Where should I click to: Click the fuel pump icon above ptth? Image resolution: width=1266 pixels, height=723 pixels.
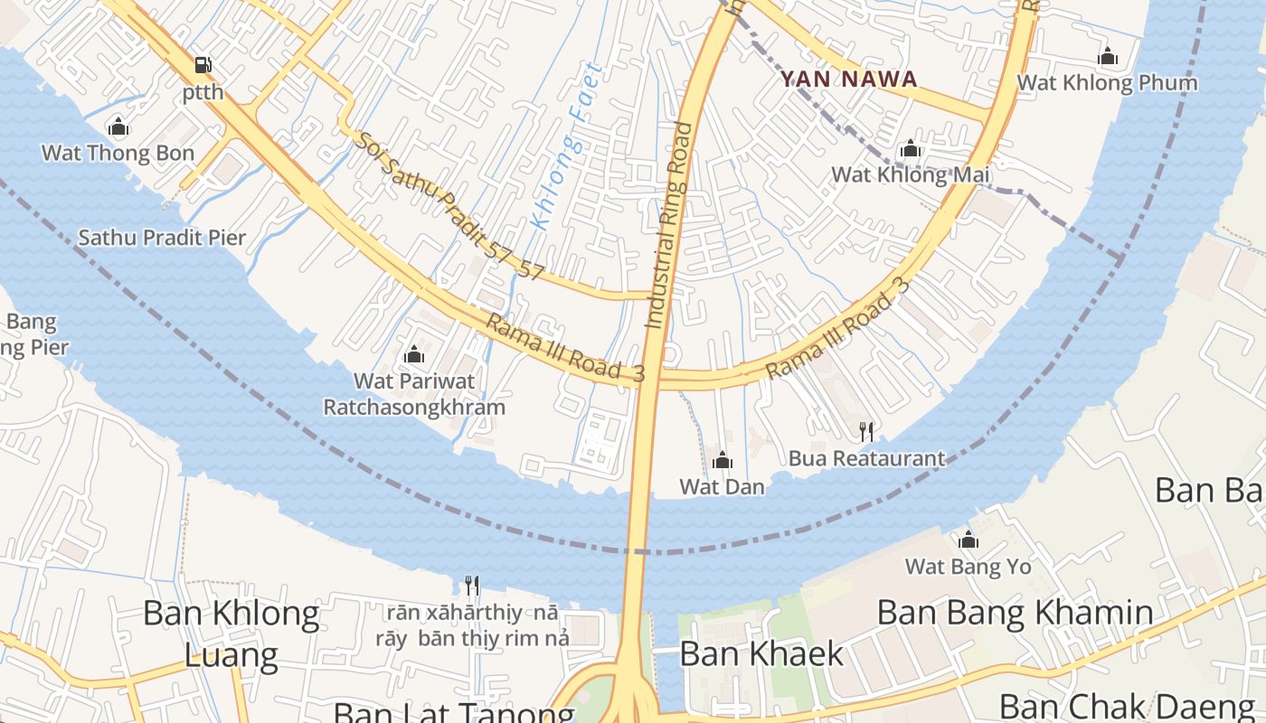coord(203,65)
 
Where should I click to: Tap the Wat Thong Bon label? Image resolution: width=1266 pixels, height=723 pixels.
coord(118,153)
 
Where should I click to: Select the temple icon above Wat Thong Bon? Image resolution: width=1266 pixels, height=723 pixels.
coord(118,127)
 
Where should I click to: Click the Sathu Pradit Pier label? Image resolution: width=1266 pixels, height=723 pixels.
coord(162,238)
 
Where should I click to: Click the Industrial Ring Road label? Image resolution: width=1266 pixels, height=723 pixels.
coord(668,225)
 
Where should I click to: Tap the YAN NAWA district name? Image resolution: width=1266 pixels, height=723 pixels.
coord(849,80)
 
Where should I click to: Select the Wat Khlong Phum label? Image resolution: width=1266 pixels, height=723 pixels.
coord(1107,83)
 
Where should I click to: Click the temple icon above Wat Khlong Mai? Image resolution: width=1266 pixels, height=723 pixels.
coord(910,148)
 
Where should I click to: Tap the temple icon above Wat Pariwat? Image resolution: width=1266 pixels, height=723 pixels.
coord(414,354)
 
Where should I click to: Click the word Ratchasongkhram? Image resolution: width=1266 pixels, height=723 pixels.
coord(414,408)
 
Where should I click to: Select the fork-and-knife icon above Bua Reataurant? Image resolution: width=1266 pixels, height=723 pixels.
coord(866,432)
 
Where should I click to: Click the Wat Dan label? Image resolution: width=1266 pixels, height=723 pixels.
coord(722,487)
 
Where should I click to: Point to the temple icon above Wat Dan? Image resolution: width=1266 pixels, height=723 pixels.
coord(722,461)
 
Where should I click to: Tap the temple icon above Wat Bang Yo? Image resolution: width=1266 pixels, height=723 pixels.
coord(968,540)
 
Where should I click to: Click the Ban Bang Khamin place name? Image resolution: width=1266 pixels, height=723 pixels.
coord(1015,613)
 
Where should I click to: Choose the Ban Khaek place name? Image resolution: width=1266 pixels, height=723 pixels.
coord(761,653)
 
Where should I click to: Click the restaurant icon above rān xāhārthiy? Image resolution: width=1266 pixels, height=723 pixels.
coord(471,586)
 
